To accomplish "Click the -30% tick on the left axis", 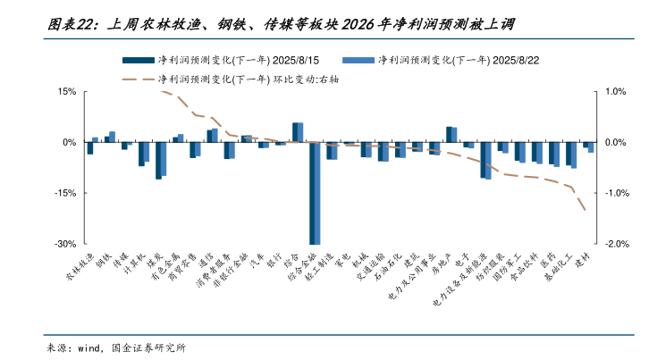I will pyautogui.click(x=64, y=244).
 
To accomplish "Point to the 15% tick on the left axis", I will pyautogui.click(x=67, y=92).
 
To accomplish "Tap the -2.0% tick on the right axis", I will pyautogui.click(x=618, y=244).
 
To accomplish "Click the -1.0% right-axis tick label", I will pyautogui.click(x=618, y=193).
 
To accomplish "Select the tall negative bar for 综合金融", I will pyautogui.click(x=314, y=193).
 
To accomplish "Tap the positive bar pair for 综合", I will pyautogui.click(x=298, y=132).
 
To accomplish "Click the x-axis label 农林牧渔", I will pyautogui.click(x=79, y=268).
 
